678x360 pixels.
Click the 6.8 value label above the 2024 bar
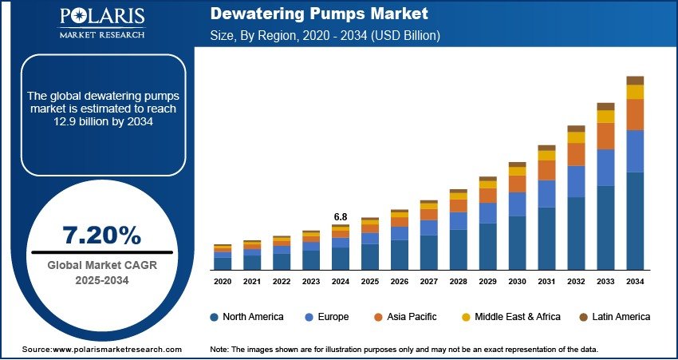point(341,216)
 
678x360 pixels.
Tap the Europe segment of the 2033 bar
point(605,167)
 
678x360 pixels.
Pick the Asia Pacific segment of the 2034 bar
point(635,114)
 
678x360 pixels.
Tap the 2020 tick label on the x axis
point(223,282)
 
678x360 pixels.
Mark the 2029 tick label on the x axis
point(487,282)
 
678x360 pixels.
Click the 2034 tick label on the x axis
point(635,282)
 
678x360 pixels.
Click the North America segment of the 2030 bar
point(517,243)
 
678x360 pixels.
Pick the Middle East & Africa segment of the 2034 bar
point(635,92)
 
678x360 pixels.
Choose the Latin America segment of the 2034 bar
point(635,80)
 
